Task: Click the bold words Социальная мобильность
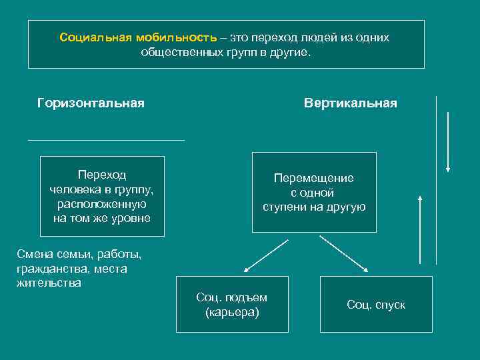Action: [138, 37]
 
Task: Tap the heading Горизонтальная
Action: [91, 103]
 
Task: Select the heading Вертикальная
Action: [350, 103]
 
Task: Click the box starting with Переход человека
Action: [102, 196]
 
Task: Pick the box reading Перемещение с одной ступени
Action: [313, 192]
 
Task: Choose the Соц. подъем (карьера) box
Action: [232, 304]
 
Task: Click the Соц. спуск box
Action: [375, 305]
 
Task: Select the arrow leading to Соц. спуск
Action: [343, 253]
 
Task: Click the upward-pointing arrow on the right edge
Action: [419, 229]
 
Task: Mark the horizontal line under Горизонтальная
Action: [106, 140]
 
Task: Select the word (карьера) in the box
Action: [232, 311]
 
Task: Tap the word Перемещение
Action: [313, 178]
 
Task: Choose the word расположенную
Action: [102, 204]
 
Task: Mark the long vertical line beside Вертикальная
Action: [436, 180]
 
